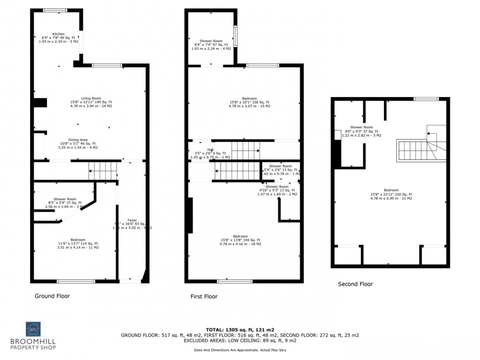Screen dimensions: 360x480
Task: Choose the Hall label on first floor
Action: (x=210, y=149)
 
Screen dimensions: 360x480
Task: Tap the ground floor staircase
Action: (x=102, y=171)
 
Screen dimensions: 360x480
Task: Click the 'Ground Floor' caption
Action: (x=52, y=296)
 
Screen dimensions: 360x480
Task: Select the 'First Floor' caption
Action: (x=204, y=296)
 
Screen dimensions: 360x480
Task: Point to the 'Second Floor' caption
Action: (x=355, y=284)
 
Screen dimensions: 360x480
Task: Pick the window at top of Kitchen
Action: (x=55, y=10)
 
